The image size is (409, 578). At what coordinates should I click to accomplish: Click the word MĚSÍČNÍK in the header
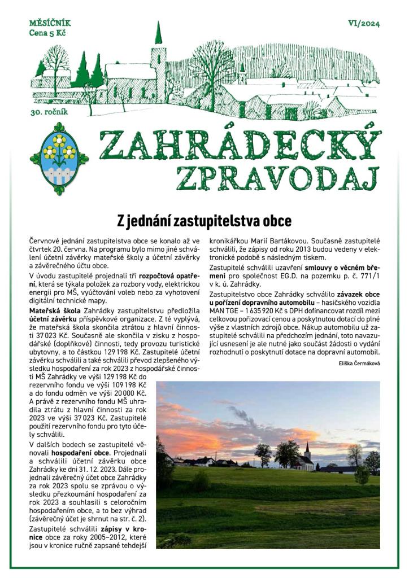[x=50, y=24]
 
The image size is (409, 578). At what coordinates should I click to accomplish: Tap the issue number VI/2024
[x=364, y=24]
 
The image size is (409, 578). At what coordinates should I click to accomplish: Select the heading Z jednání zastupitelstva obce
[x=204, y=219]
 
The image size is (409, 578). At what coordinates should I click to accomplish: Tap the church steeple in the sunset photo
[x=307, y=450]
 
